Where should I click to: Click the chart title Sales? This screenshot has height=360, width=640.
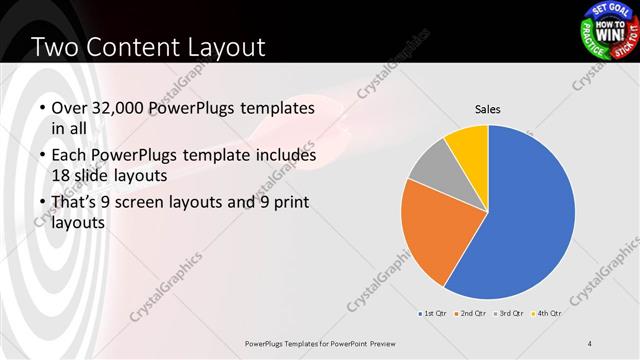(487, 109)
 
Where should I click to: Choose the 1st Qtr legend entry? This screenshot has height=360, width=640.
(432, 313)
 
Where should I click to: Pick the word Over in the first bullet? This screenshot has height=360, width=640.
(69, 109)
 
